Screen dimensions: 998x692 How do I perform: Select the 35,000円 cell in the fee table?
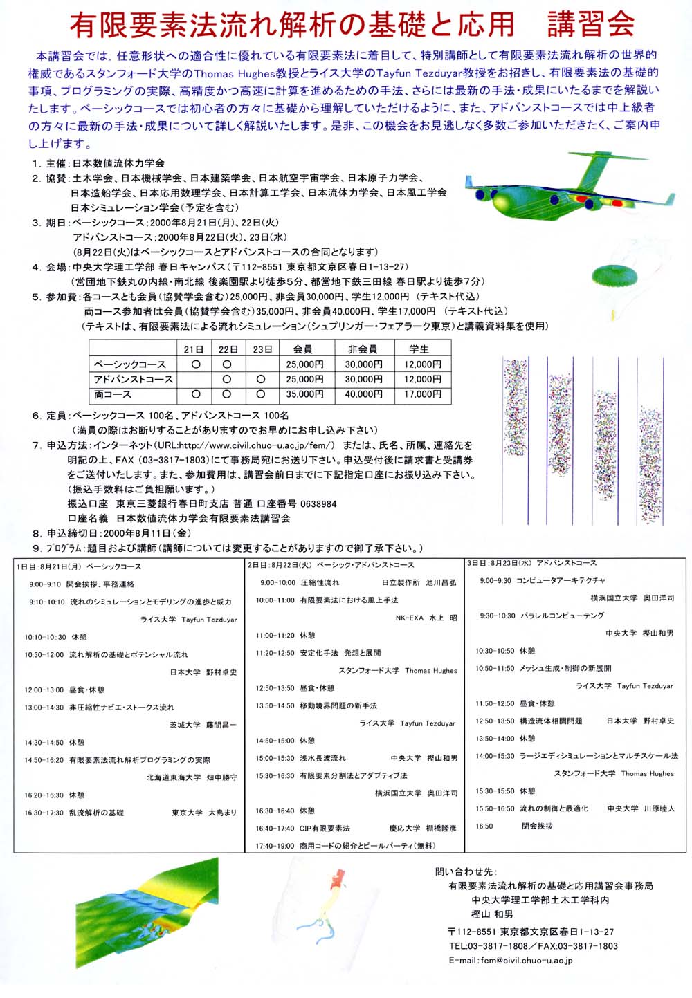(x=304, y=394)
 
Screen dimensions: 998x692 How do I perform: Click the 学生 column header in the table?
(x=419, y=349)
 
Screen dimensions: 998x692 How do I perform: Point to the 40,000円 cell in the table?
(x=363, y=394)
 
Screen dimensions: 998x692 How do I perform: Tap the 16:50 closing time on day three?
(x=484, y=826)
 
